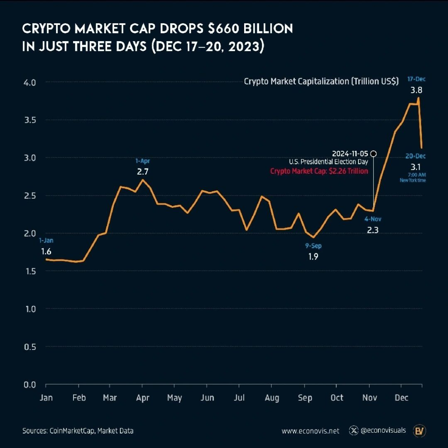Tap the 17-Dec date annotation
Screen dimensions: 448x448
[416, 79]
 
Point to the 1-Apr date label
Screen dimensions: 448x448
[143, 161]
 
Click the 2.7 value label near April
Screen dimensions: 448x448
[143, 171]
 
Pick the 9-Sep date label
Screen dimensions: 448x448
[313, 246]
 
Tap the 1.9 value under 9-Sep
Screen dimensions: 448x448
[313, 257]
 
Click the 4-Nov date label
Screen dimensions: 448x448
[372, 219]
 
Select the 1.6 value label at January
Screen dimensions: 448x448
[46, 252]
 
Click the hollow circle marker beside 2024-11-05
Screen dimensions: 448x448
[373, 154]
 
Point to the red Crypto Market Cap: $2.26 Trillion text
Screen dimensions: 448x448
[319, 171]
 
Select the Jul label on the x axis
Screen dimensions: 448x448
[239, 398]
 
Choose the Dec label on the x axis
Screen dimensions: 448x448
[401, 398]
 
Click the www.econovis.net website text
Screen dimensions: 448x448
[310, 431]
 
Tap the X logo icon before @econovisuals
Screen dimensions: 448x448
[353, 430]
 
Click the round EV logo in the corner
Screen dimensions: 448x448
[420, 430]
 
